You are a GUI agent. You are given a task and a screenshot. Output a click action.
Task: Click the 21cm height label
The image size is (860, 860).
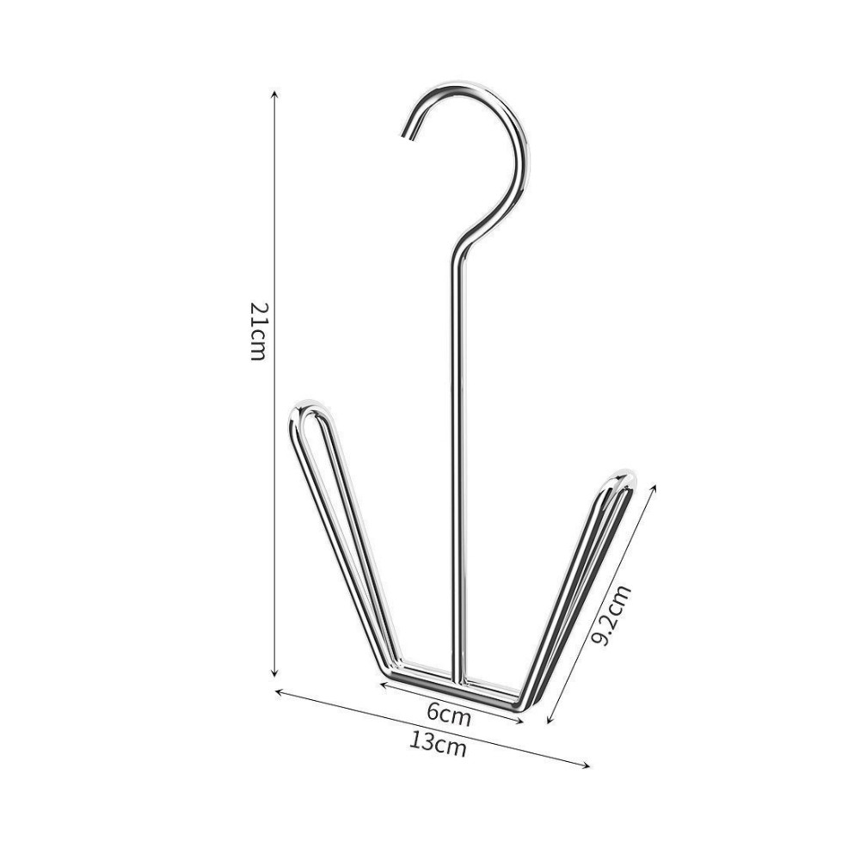[x=258, y=331]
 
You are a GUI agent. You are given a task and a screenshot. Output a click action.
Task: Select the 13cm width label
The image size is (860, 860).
[x=438, y=744]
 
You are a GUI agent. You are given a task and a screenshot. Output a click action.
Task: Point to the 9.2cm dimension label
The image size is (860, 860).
[x=612, y=616]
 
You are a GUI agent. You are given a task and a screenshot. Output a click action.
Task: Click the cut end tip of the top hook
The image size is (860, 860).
[x=406, y=135]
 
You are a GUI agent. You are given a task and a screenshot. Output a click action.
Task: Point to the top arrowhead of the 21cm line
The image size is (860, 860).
[x=275, y=95]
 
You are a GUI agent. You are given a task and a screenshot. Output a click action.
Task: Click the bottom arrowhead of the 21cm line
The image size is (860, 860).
[x=275, y=673]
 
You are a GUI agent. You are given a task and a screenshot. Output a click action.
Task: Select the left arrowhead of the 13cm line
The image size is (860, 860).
[x=278, y=691]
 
